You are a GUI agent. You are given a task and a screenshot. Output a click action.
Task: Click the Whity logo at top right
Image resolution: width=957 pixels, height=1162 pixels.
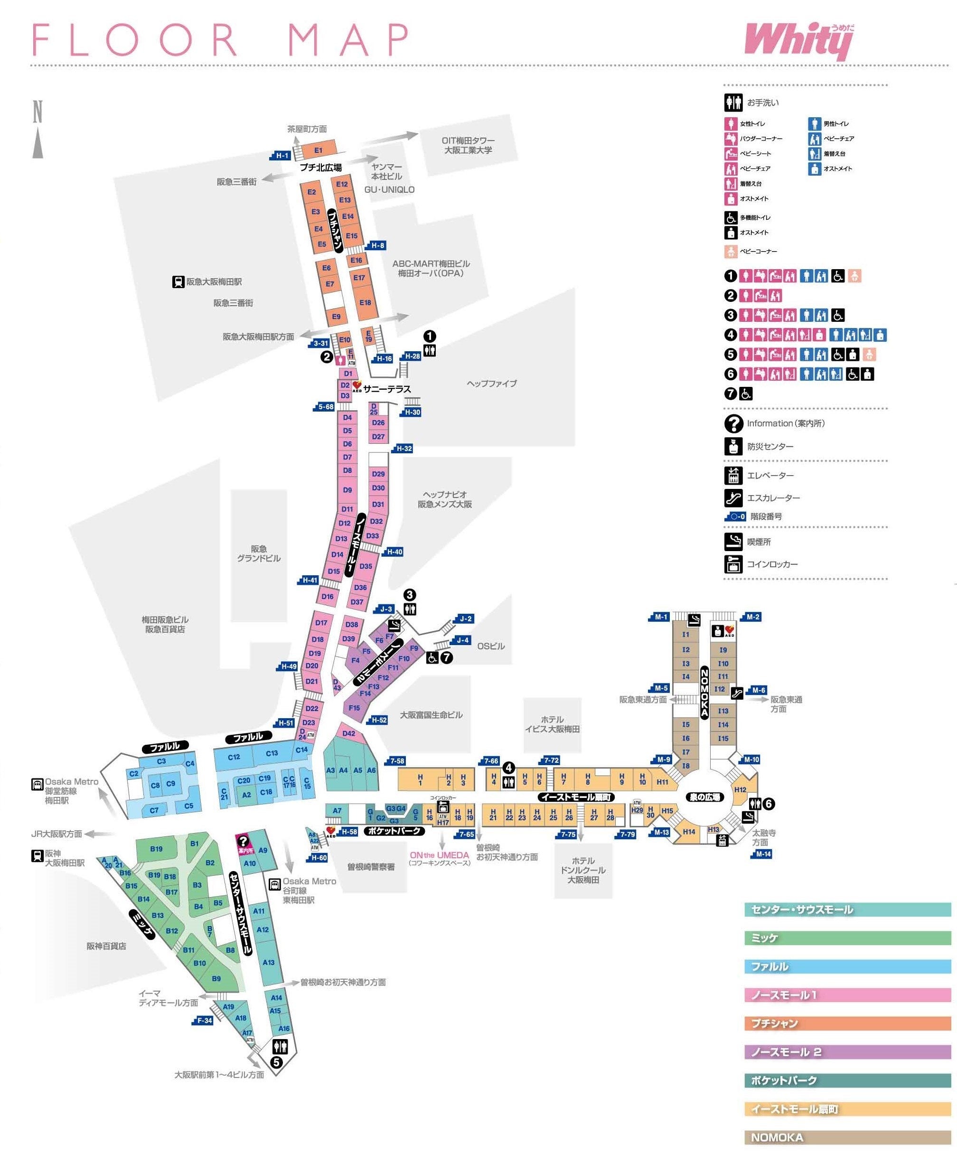[x=798, y=40]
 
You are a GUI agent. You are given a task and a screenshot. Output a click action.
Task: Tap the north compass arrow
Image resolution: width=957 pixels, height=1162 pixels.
[x=38, y=142]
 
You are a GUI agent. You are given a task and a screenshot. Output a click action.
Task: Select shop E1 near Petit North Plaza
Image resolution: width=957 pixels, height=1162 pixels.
[x=318, y=150]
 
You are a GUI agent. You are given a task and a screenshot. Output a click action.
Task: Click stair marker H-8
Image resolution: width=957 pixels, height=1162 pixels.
[x=377, y=245]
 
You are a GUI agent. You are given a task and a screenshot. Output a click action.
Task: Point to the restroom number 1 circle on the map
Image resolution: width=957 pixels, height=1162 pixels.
[x=430, y=336]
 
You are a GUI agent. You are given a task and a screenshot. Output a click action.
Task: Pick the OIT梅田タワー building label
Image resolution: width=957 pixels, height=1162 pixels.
[x=468, y=145]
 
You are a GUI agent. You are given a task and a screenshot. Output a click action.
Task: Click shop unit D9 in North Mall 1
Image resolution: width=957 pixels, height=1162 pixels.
[x=347, y=489]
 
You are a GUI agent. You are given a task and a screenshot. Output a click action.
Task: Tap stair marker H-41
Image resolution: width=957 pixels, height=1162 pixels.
[x=309, y=580]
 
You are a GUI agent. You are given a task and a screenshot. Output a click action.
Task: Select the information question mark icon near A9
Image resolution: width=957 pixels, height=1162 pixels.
[x=243, y=842]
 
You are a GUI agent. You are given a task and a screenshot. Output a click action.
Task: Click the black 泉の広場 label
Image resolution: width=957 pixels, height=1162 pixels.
[x=704, y=797]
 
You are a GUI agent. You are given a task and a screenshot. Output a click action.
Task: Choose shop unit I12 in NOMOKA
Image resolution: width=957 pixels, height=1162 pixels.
[x=719, y=689]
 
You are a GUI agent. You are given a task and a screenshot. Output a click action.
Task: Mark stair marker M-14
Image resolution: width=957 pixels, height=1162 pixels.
[x=762, y=854]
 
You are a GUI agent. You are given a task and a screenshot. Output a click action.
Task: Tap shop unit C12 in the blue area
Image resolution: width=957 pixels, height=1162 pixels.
[x=234, y=757]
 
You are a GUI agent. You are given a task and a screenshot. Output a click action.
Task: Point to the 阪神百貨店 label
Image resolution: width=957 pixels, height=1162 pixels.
[x=106, y=946]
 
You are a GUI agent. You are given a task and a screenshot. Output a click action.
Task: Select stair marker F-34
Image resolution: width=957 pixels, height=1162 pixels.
[x=204, y=1021]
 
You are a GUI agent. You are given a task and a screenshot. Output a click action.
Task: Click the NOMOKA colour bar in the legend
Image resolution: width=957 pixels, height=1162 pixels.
[x=847, y=1137]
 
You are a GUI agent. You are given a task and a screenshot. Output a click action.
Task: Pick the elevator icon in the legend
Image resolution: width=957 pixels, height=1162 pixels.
[x=733, y=475]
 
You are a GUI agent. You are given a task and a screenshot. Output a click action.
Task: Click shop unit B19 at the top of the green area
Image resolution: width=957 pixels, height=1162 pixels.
[x=156, y=849]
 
